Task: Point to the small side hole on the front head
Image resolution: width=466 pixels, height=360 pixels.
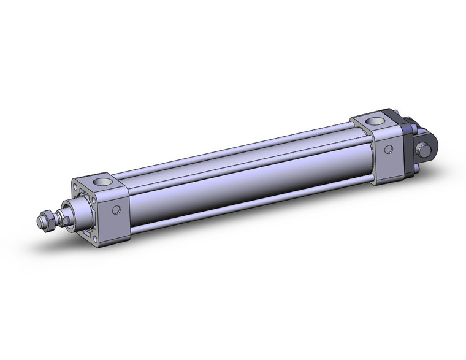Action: pos(117,210)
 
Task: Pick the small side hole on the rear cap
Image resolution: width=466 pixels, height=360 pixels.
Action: pos(388,150)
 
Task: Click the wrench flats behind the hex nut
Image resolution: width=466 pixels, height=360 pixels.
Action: pos(61,216)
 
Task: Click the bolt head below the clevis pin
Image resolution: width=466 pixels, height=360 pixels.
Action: pos(419,164)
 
